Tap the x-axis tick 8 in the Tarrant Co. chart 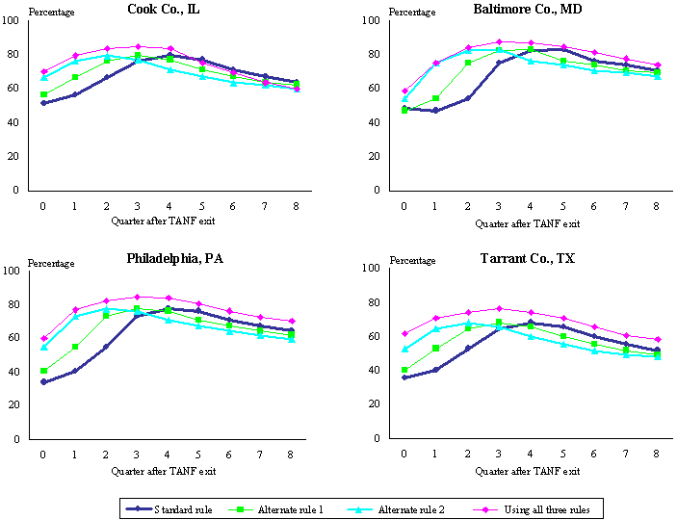tap(656, 456)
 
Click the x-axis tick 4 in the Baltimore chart tap(530, 207)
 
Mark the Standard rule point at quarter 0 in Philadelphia tap(42, 382)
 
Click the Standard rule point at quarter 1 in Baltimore tap(435, 111)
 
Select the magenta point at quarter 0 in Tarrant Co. tap(404, 334)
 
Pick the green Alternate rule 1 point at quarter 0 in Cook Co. tap(42, 94)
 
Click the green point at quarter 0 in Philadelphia tap(42, 371)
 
